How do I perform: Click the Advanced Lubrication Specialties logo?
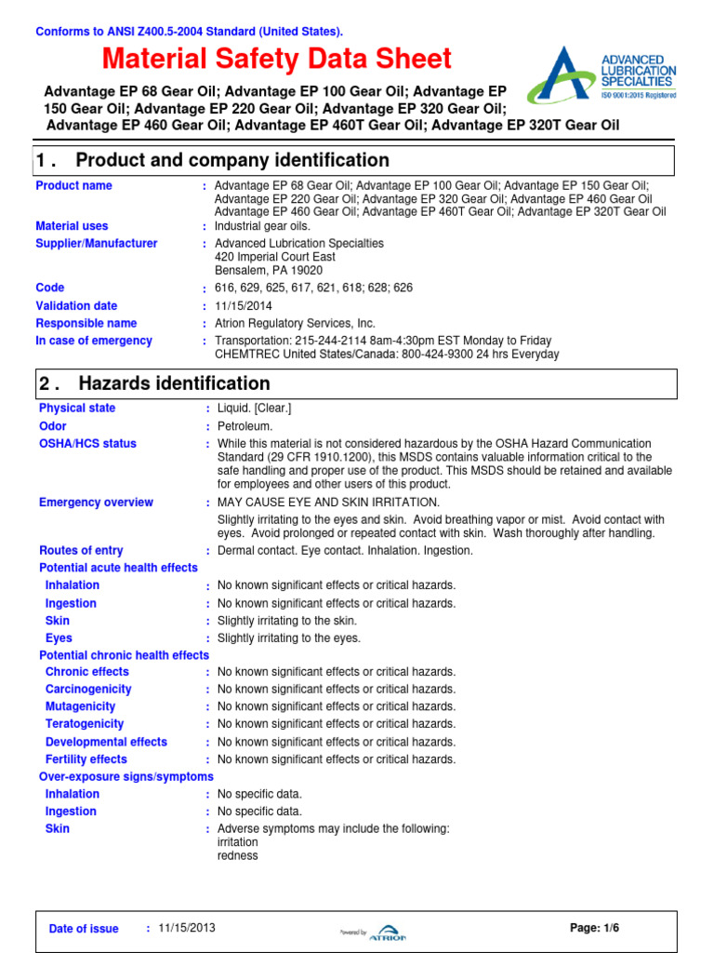click(x=602, y=75)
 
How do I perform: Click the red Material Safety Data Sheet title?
click(x=276, y=60)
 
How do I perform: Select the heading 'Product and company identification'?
click(x=231, y=160)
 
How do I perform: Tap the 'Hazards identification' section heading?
click(x=174, y=383)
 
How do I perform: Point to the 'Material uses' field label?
click(x=72, y=226)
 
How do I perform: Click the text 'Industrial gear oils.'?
click(x=262, y=226)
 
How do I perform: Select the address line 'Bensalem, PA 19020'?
click(x=269, y=270)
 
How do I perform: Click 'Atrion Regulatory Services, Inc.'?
click(x=295, y=323)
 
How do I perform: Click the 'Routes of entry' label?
click(x=81, y=551)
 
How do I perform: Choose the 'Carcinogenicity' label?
click(x=88, y=690)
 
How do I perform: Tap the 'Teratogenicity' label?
click(x=85, y=724)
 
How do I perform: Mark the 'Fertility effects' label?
click(x=86, y=759)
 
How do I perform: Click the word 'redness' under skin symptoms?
click(x=237, y=856)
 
